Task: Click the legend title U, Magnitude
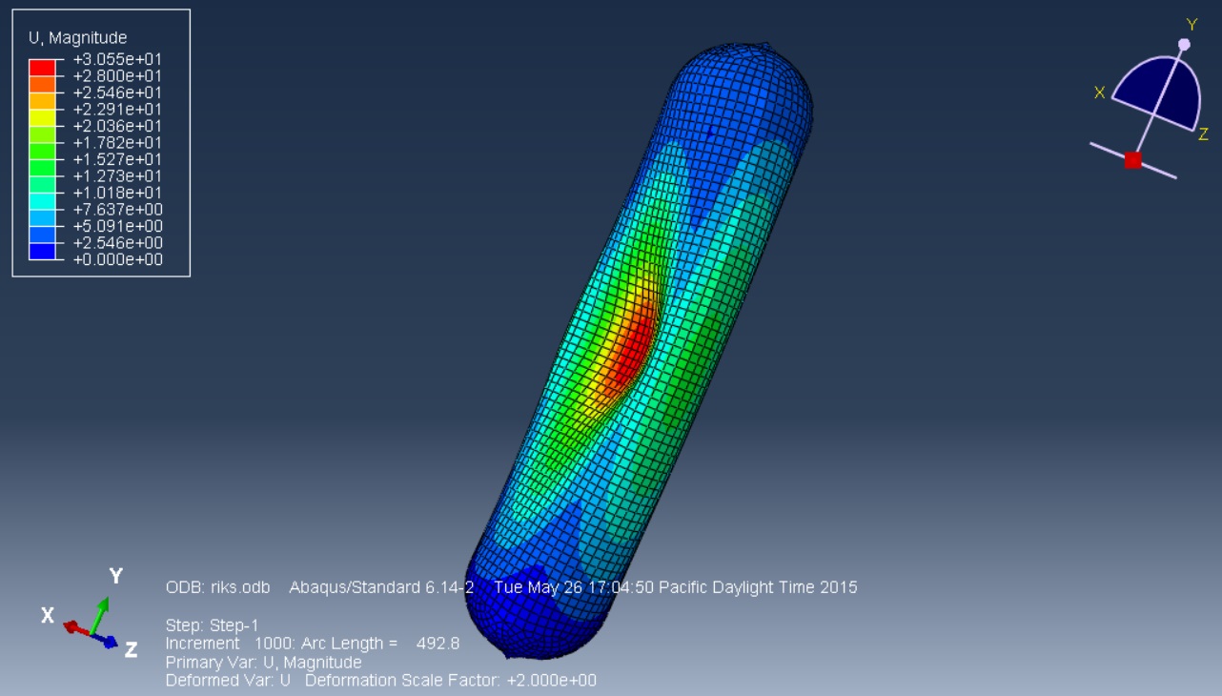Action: coord(77,37)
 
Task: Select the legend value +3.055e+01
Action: coord(118,59)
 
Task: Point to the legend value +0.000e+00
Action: coord(118,259)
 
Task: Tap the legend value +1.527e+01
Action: coord(118,159)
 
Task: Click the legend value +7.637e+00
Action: coord(118,210)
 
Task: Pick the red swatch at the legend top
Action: coord(42,68)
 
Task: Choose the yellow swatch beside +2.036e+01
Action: coord(42,118)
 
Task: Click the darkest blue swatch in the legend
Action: coord(42,252)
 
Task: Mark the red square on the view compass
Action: coord(1132,160)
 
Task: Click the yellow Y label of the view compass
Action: coord(1191,25)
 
